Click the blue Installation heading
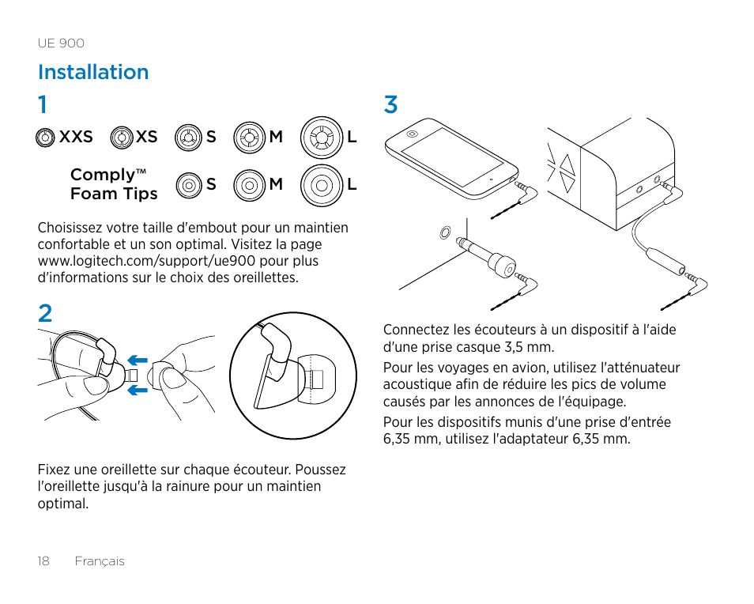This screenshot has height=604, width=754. coord(93,72)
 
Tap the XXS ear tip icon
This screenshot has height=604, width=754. coord(45,138)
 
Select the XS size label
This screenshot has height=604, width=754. coord(146,137)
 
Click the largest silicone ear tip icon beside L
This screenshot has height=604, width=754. coord(321,138)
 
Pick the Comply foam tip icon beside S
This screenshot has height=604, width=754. coord(188,185)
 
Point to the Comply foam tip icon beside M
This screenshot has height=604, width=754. coord(249,185)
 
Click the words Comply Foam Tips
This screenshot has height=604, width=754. coord(113,184)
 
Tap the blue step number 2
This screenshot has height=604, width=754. coord(45,314)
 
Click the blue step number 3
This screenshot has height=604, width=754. coord(390,104)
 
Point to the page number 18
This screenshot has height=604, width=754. coord(43,561)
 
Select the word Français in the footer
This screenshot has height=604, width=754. coord(100,561)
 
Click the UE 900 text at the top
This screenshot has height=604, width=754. coord(61,43)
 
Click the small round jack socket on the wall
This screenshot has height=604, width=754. coord(444,232)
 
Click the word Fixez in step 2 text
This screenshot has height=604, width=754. coord(54,470)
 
